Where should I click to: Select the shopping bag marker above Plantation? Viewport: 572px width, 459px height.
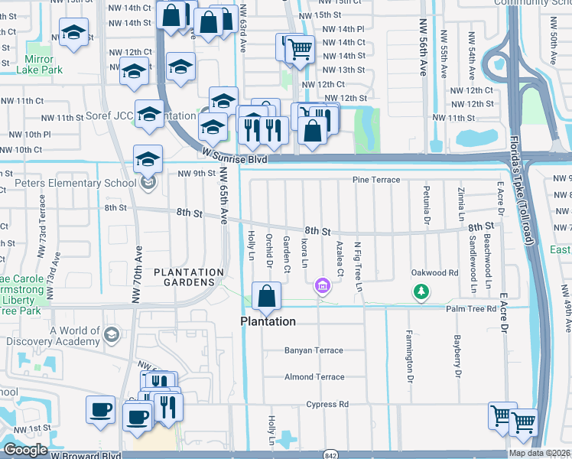point(266,297)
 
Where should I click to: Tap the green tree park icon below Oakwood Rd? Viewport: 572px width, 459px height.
point(420,291)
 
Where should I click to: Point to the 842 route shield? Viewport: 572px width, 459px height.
point(330,453)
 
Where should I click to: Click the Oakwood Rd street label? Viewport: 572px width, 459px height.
point(434,272)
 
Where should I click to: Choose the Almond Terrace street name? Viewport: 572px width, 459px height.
point(314,377)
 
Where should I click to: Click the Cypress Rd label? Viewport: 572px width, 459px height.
point(327,404)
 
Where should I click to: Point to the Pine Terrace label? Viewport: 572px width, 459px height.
point(375,179)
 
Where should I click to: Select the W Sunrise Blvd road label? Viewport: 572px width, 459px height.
point(235,155)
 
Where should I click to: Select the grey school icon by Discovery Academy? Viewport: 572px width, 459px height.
point(111,334)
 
